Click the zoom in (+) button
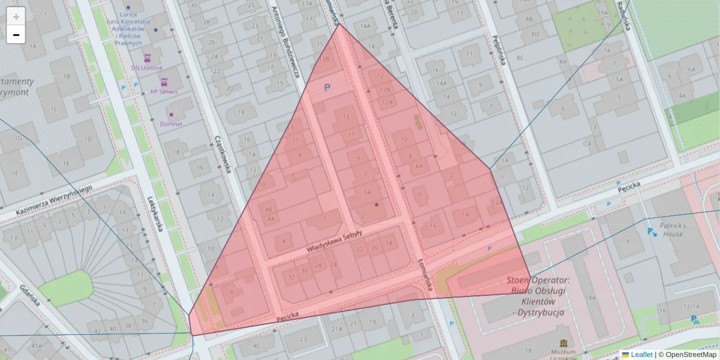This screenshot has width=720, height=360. pos(16,17)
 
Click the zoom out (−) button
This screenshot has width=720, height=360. pos(16,35)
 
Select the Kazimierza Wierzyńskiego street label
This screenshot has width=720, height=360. pos(53,200)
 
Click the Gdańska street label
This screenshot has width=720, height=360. pos(29,295)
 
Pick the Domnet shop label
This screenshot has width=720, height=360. pos(171,124)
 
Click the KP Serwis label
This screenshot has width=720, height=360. pos(164,92)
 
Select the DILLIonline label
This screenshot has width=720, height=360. pos(147,68)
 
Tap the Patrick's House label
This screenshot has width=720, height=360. pos(673,230)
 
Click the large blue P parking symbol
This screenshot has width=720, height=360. pos(327,88)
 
